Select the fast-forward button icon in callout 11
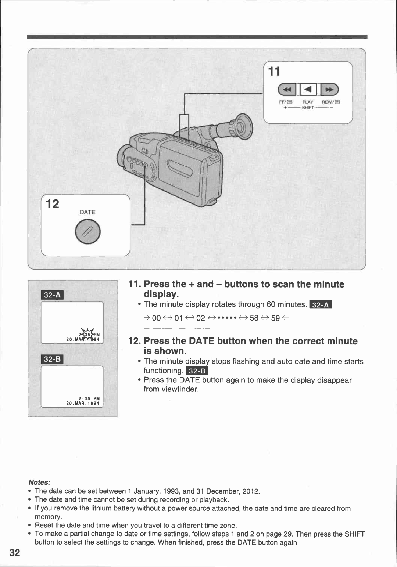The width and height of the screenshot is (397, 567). [329, 89]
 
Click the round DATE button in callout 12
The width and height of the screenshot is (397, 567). [87, 232]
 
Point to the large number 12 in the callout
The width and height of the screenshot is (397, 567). [53, 204]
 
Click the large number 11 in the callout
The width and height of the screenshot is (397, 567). [274, 71]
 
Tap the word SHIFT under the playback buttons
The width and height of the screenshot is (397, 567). [308, 108]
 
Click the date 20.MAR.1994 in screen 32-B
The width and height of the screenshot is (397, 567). [83, 403]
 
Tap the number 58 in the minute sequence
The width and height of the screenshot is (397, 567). [254, 318]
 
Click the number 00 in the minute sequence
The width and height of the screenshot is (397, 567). [156, 318]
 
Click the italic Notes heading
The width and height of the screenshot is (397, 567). [39, 482]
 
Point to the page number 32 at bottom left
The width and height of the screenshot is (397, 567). [15, 553]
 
